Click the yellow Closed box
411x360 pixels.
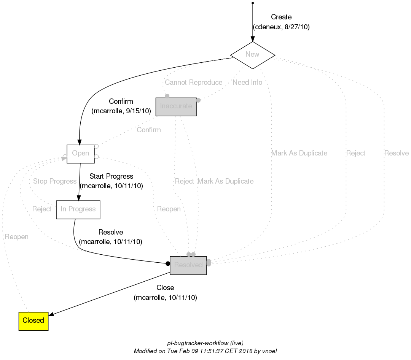tap(33, 320)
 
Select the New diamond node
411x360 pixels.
tap(253, 55)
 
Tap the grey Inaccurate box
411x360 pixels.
tap(176, 106)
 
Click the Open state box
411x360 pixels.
tap(81, 154)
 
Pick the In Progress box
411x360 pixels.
tap(78, 209)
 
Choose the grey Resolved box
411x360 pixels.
tap(188, 265)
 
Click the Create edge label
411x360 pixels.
tap(281, 17)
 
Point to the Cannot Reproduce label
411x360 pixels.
tap(194, 82)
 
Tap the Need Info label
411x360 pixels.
tap(247, 82)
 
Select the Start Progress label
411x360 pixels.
tap(111, 176)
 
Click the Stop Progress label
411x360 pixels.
tap(55, 181)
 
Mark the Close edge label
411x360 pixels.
tap(165, 288)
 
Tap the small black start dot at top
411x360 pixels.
tap(253, 3)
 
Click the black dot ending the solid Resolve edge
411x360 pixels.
tap(167, 263)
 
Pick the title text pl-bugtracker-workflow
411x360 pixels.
tap(198, 343)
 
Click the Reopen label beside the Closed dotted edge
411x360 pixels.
tap(17, 237)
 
